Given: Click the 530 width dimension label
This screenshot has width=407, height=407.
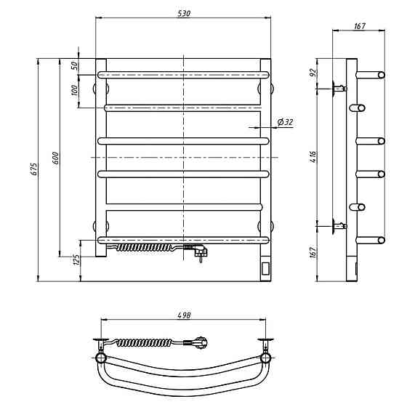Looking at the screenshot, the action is (x=184, y=13).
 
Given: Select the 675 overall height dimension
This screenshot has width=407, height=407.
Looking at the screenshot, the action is (x=35, y=169).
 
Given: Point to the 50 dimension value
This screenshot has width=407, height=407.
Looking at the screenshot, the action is (x=74, y=65).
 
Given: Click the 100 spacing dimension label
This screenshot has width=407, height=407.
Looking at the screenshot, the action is (x=74, y=90).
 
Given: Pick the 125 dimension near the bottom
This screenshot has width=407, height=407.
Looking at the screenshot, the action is (x=77, y=259).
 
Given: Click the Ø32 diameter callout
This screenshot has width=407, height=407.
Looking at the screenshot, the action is (x=285, y=122).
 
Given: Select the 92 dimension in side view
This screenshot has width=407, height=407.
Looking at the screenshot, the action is (x=313, y=72).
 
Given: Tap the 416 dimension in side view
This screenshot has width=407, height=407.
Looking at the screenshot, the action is (x=313, y=157).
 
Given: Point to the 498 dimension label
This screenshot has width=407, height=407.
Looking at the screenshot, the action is (x=184, y=315).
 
